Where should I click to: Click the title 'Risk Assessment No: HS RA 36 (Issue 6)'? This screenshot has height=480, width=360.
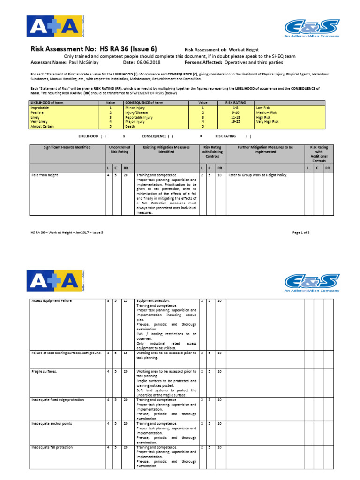click(94, 49)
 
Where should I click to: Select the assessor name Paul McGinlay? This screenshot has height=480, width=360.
click(88, 62)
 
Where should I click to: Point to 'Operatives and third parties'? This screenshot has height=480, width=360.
click(254, 62)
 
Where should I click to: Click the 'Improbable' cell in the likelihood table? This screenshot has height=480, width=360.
click(41, 108)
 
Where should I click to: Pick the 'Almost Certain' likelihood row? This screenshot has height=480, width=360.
click(43, 126)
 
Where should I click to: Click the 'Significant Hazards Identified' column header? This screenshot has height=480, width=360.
click(67, 147)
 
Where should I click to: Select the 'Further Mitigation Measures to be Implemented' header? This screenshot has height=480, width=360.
click(265, 150)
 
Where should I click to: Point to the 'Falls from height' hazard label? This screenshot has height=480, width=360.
click(45, 175)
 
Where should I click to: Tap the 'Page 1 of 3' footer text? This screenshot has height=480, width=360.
click(301, 232)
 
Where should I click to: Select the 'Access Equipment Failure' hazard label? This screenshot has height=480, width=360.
click(52, 301)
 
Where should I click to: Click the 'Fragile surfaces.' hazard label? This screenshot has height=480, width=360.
click(45, 371)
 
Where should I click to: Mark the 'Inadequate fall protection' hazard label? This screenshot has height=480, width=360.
click(52, 447)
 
